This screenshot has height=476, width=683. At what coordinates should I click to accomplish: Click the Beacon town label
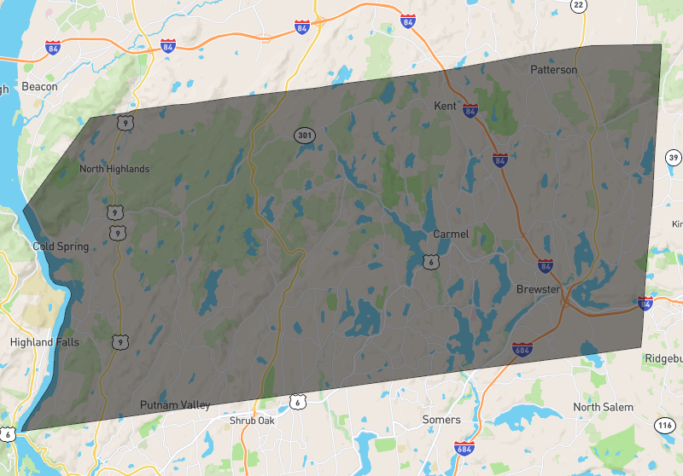click(x=40, y=86)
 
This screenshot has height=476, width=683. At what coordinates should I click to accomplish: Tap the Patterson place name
click(x=553, y=69)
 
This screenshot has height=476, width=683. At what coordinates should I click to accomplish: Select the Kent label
click(x=445, y=106)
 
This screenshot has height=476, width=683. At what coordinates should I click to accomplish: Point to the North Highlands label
click(x=114, y=169)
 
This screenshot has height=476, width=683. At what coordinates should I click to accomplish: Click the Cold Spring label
click(x=61, y=247)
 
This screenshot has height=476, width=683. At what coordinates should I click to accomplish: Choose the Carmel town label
click(x=451, y=234)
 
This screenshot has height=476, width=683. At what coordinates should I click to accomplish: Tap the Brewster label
click(x=538, y=289)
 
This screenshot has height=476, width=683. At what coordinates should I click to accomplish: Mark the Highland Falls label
click(x=44, y=342)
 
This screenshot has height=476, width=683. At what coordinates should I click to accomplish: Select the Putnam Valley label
click(x=176, y=405)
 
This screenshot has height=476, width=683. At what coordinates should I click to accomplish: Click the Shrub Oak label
click(x=253, y=421)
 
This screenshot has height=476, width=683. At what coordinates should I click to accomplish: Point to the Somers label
click(x=441, y=420)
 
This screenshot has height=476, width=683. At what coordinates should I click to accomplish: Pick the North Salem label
click(x=604, y=407)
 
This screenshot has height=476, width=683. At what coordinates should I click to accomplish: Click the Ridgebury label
click(x=665, y=357)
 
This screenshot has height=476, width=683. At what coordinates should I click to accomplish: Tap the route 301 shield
click(x=304, y=135)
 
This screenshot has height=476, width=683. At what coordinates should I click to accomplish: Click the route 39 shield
click(x=674, y=158)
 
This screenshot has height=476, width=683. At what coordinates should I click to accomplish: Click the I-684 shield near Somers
click(x=464, y=449)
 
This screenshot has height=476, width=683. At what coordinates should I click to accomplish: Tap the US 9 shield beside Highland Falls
click(x=120, y=342)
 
